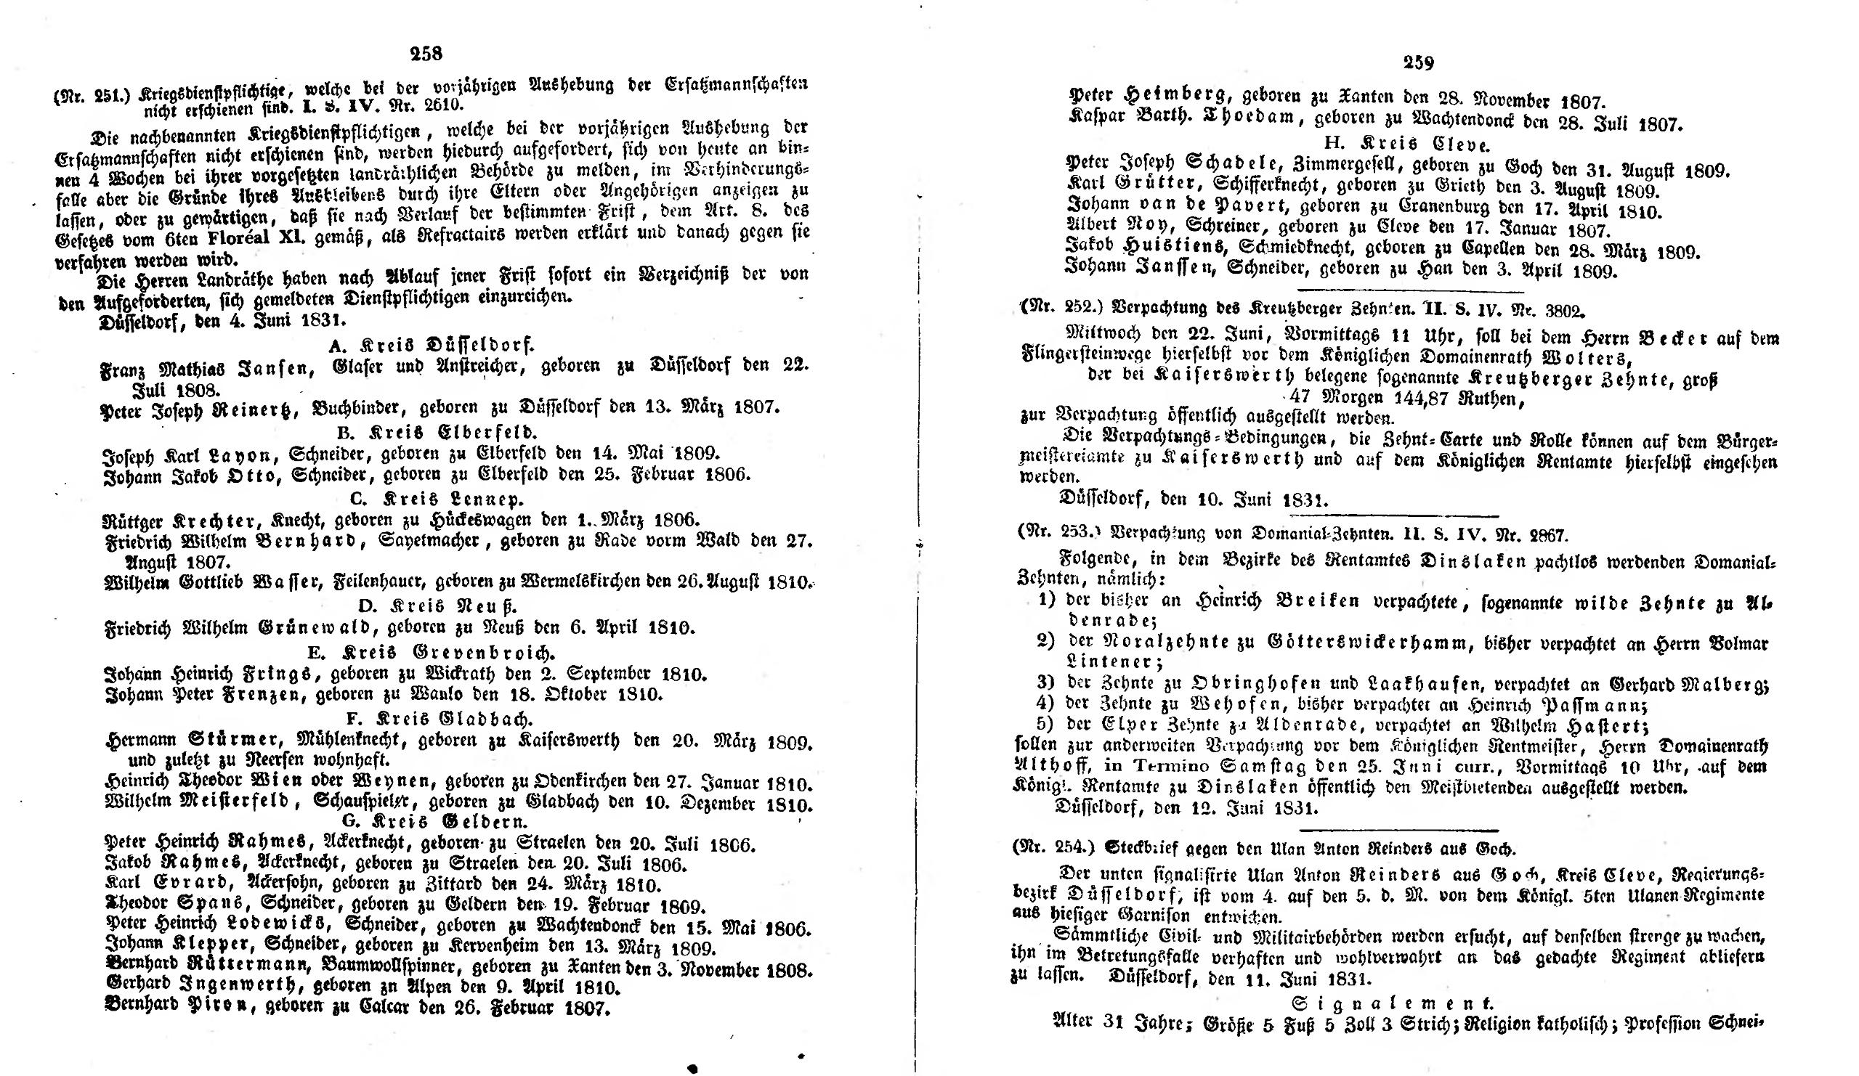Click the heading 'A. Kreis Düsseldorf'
tap(431, 344)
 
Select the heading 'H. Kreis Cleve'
tap(1399, 144)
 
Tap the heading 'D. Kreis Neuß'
tap(437, 606)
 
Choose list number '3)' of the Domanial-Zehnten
tap(1047, 682)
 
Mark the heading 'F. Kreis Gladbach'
tap(440, 718)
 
